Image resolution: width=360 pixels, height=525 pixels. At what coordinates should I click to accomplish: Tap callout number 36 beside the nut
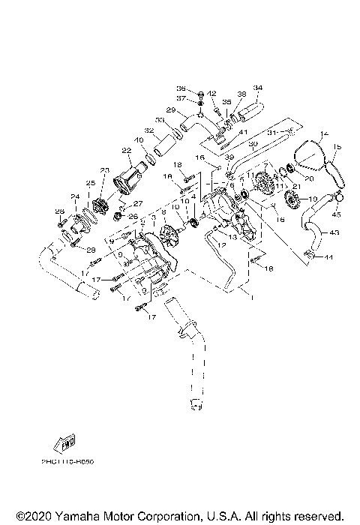coord(181,88)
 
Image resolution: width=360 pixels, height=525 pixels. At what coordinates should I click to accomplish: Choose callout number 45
coord(336,213)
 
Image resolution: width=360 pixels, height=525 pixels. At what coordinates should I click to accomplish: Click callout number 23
coord(104,170)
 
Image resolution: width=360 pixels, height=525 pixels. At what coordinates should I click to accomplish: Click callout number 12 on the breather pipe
coord(220,244)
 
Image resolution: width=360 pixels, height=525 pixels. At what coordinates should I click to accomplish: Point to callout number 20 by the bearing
coord(308,179)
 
